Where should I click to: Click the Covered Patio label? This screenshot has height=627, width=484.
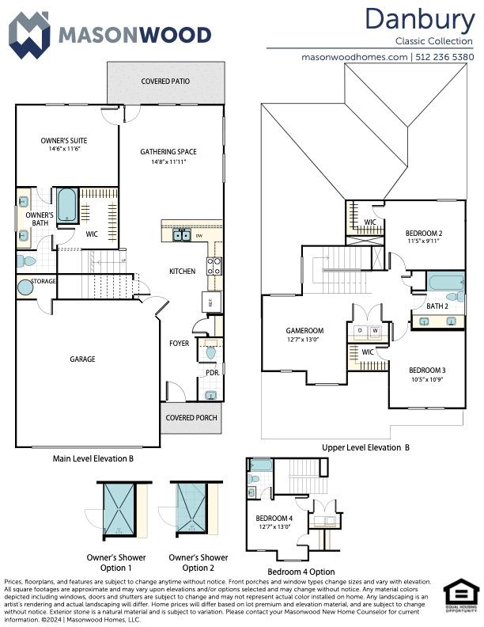(x=165, y=81)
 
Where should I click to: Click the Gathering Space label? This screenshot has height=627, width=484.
(x=168, y=152)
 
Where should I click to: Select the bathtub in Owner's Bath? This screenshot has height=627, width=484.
(x=67, y=204)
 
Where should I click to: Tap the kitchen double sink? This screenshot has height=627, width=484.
(x=182, y=235)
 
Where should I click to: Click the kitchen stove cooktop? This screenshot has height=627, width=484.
(x=214, y=266)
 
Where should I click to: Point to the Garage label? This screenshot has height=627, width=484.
(x=82, y=359)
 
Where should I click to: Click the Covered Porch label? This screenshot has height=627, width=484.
(x=190, y=417)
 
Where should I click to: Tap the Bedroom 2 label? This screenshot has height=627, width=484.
(x=423, y=233)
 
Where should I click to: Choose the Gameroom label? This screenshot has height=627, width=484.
(x=304, y=331)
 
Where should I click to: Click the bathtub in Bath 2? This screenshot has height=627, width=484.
(x=445, y=281)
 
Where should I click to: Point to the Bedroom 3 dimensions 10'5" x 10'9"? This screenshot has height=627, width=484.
(x=427, y=379)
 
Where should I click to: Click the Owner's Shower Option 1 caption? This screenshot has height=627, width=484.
(x=119, y=563)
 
